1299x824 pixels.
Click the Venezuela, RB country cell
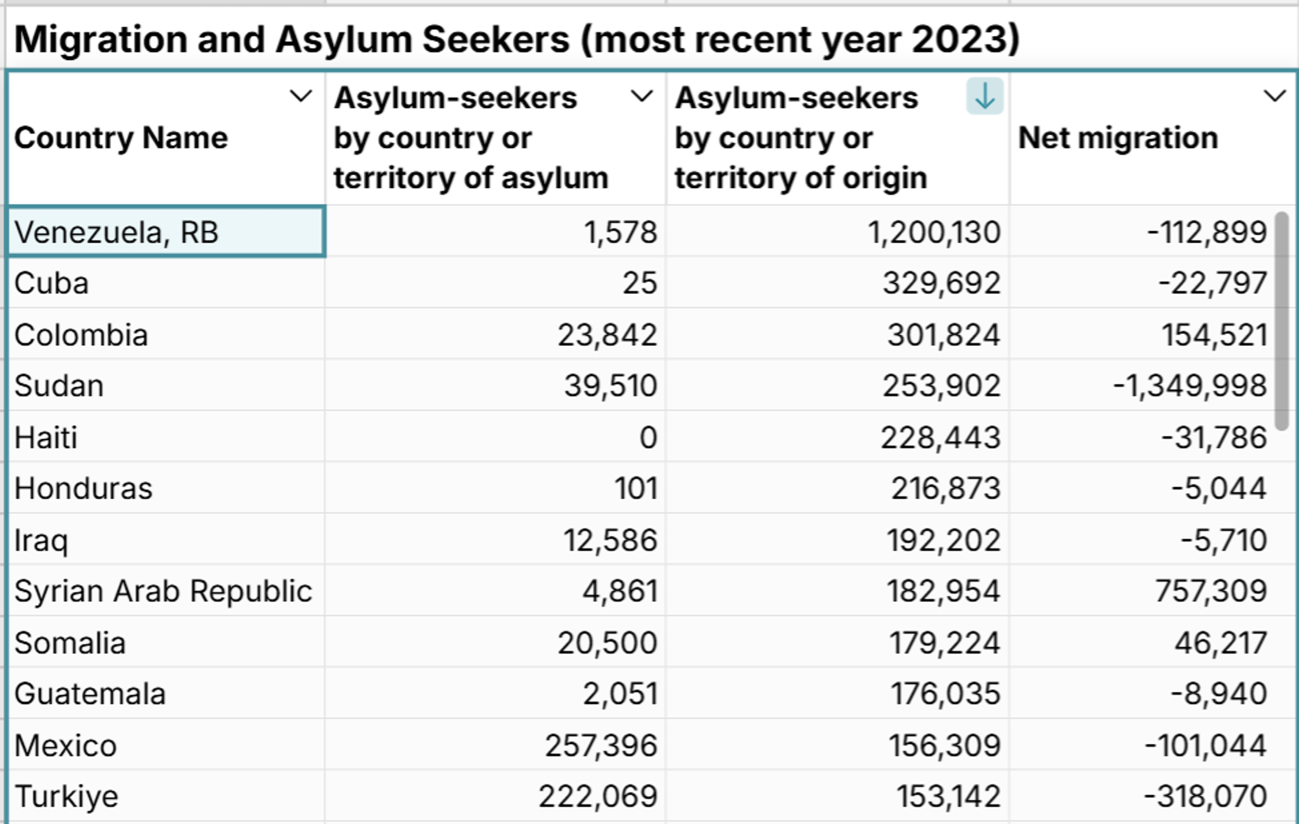click(116, 232)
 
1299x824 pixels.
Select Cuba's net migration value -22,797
click(1213, 283)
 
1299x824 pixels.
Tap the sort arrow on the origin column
click(984, 96)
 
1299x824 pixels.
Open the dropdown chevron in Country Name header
click(301, 96)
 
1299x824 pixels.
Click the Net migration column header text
click(1118, 138)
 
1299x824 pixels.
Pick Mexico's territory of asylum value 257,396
click(600, 746)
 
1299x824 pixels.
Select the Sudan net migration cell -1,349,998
click(1190, 386)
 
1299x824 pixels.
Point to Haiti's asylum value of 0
click(648, 437)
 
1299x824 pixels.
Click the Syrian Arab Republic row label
click(163, 591)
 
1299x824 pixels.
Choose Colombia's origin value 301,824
click(944, 335)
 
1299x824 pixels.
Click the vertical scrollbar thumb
click(1282, 321)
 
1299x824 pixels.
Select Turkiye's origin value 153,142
click(948, 797)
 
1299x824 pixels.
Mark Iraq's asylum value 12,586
click(610, 540)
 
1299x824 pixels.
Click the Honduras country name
click(83, 489)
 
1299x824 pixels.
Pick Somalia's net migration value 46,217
click(1220, 643)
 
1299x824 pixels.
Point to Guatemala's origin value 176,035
click(945, 694)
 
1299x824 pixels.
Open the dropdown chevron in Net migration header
click(1275, 96)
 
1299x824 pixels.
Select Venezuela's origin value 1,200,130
click(934, 232)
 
